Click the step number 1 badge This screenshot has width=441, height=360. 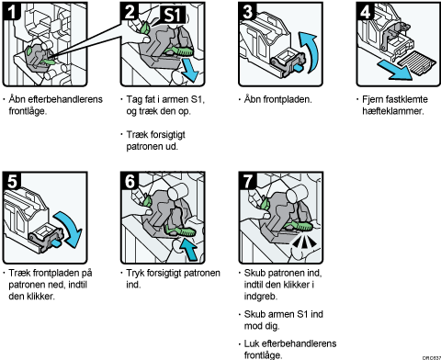point(12,12)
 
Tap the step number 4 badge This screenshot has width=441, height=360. point(366,12)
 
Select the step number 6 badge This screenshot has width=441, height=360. point(130,181)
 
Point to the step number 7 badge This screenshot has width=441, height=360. point(247,181)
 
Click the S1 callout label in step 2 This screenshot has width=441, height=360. point(174,15)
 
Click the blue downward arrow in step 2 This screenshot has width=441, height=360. point(188,71)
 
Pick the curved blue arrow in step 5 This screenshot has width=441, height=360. point(69,228)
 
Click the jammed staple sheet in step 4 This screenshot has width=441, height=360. point(416,62)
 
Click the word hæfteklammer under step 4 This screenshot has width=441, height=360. point(393,111)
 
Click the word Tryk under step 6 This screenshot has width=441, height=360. point(135,273)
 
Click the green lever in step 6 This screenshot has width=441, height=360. point(181,231)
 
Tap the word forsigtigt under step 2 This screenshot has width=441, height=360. point(165,135)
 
